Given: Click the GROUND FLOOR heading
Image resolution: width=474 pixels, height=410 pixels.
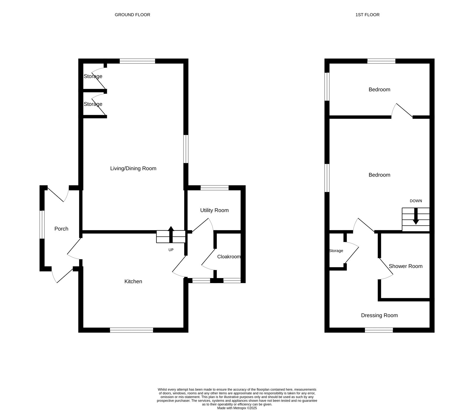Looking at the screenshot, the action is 132,15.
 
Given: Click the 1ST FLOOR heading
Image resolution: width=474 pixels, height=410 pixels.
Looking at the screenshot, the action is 367,15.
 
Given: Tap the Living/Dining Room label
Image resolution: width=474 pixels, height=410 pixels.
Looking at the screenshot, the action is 133,169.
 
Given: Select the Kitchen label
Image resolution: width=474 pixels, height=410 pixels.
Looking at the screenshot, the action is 133,281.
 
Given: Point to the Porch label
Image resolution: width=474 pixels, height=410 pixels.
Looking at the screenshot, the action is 61,229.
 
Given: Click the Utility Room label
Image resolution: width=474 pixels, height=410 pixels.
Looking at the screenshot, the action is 214,210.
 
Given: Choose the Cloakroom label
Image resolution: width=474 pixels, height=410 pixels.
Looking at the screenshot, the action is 229,257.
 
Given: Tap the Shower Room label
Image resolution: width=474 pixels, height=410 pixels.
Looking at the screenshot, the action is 405,266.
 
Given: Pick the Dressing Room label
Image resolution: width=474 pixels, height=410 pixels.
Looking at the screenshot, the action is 379,315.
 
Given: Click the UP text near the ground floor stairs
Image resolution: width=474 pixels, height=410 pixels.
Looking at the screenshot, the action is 171,250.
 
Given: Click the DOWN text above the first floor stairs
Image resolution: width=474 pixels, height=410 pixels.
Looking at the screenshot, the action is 416,201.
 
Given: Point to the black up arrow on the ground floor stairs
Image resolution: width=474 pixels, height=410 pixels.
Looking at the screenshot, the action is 171,234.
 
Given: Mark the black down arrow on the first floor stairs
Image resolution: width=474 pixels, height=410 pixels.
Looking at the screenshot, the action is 416,216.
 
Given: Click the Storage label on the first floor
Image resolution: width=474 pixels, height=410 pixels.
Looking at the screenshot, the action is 336,251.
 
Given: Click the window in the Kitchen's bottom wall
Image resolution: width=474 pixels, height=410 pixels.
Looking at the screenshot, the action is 132,330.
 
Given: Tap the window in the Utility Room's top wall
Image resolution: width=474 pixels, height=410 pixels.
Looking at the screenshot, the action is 214,187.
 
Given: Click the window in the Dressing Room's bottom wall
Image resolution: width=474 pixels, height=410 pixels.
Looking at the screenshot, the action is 379,330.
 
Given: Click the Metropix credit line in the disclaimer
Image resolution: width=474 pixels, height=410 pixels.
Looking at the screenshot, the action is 237,408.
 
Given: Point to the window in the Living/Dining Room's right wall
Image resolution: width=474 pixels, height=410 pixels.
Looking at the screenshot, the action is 186,149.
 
